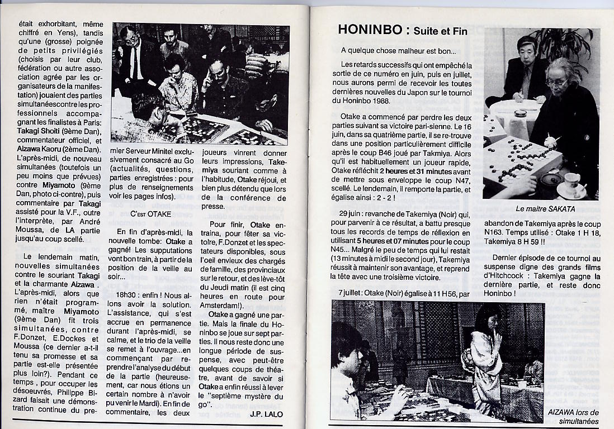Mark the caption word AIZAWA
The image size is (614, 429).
pyautogui.click(x=562, y=412)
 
